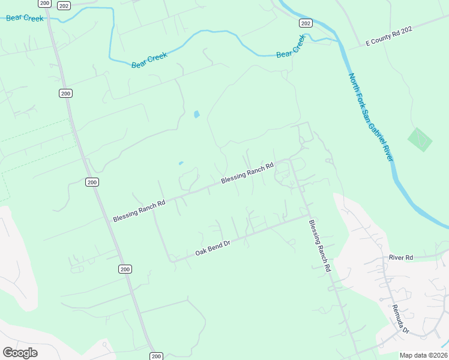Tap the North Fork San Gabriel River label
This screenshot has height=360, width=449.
370,116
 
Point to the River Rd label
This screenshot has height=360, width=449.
400,257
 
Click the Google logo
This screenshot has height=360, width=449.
20,352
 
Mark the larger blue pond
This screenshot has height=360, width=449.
196,114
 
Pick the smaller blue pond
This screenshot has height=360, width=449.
181,163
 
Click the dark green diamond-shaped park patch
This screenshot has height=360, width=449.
420,140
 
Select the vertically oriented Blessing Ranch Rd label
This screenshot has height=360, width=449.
320,246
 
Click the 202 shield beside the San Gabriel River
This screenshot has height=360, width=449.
306,23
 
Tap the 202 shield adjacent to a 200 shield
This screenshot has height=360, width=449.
64,5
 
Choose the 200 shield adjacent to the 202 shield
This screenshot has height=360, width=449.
44,3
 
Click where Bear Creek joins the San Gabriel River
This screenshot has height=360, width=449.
336,41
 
